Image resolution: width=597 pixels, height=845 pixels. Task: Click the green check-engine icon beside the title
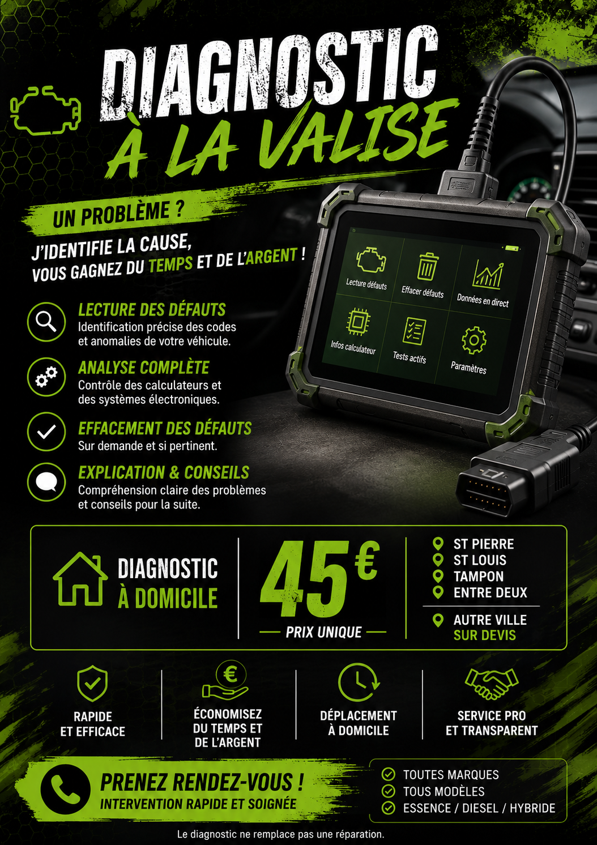point(46,110)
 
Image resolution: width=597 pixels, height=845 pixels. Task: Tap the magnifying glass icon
point(46,322)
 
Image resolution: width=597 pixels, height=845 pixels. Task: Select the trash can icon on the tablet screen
point(427,267)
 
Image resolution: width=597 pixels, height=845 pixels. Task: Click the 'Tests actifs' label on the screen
point(410,357)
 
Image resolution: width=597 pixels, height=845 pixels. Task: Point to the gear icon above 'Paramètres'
point(474,340)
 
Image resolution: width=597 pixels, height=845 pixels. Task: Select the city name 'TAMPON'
point(479,576)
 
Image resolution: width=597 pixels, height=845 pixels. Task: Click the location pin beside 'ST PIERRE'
point(438,544)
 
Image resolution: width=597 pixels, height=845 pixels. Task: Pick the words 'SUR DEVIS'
point(484,635)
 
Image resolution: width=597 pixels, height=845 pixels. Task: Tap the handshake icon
point(492,684)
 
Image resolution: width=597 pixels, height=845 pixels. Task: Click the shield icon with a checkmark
point(92,684)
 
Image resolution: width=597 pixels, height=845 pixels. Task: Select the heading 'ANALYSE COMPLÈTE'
point(143,368)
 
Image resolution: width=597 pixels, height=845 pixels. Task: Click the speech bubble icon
point(46,482)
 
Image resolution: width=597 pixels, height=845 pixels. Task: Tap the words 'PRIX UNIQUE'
point(324,632)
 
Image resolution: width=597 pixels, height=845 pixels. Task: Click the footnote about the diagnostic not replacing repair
point(280,834)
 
